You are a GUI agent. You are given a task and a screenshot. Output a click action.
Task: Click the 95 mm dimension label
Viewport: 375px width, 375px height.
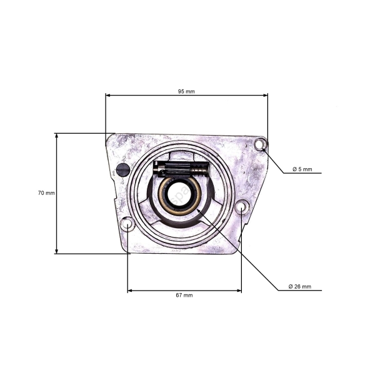click(186, 91)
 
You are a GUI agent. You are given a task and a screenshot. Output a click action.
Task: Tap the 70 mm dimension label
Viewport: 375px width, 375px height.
click(46, 193)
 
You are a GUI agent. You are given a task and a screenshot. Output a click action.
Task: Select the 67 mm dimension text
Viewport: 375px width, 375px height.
click(184, 295)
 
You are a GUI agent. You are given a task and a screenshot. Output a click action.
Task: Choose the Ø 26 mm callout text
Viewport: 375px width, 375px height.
click(300, 286)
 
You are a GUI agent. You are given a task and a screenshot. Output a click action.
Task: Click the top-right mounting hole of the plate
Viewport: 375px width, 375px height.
click(259, 145)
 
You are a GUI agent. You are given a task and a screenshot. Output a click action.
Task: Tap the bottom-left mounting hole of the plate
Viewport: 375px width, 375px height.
click(127, 224)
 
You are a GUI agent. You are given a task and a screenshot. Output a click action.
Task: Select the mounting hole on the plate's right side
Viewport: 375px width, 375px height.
click(242, 207)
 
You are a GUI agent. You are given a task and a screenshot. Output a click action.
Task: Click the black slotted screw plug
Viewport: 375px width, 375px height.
click(123, 169)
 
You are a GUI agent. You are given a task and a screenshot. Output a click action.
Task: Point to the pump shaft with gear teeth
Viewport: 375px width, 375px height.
click(181, 168)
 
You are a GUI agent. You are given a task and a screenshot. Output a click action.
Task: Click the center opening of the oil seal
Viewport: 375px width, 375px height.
click(179, 196)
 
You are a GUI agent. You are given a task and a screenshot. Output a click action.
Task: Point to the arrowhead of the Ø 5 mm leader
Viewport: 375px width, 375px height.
click(264, 149)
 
